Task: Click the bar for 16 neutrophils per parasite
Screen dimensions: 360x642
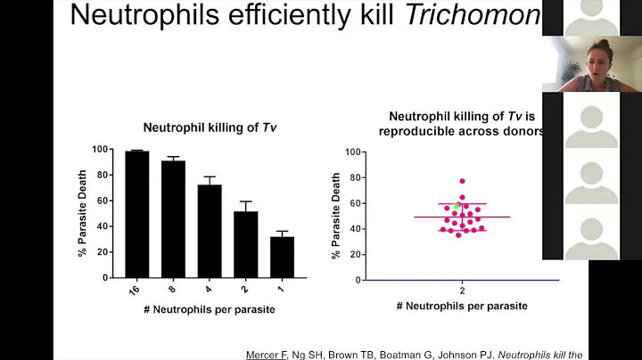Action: point(136,214)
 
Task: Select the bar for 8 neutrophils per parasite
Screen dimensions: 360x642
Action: point(173,218)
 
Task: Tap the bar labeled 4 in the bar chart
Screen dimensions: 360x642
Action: point(210,231)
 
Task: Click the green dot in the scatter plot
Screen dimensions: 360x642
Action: point(457,207)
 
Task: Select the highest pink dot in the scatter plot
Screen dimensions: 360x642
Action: point(462,181)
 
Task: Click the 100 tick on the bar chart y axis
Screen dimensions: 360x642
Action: point(104,150)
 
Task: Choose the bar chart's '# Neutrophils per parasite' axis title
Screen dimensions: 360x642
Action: point(210,308)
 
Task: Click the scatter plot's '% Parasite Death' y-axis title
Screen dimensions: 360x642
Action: point(336,216)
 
